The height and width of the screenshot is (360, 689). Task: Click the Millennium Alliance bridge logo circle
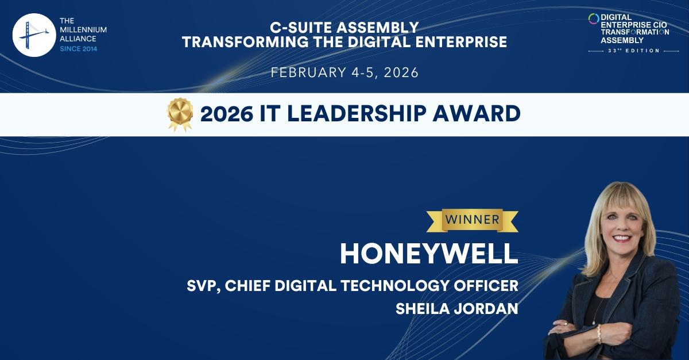(x=34, y=35)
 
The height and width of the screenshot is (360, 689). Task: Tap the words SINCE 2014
(x=79, y=49)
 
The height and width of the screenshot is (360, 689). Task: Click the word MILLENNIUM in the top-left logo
(x=83, y=30)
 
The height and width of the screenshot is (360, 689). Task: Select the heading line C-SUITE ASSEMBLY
(x=344, y=27)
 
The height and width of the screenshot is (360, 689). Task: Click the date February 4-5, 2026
(x=344, y=72)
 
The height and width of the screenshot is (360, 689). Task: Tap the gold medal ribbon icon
(x=180, y=114)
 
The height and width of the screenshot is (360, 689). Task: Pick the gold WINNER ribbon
(x=472, y=219)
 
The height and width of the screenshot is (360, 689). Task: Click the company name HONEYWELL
(x=429, y=254)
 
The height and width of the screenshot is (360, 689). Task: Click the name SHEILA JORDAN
(x=457, y=308)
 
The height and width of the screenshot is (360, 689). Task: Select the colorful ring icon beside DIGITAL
(x=594, y=19)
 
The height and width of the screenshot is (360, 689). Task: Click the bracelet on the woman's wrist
(x=599, y=334)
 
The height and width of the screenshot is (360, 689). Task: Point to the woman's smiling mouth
(x=622, y=237)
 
